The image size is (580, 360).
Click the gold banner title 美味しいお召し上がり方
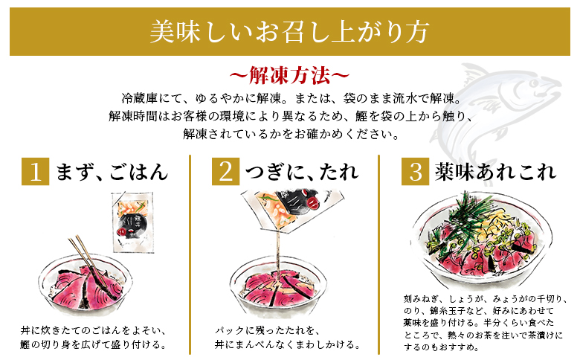pyautogui.click(x=289, y=31)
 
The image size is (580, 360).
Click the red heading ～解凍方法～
pyautogui.click(x=289, y=75)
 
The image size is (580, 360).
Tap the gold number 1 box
pyautogui.click(x=35, y=171)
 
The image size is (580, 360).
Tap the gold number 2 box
pyautogui.click(x=225, y=171)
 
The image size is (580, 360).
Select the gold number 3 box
pyautogui.click(x=416, y=171)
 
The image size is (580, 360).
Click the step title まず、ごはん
pyautogui.click(x=112, y=172)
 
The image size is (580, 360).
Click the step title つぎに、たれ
pyautogui.click(x=302, y=172)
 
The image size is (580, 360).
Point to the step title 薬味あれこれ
pyautogui.click(x=496, y=172)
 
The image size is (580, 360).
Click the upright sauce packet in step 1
pyautogui.click(x=132, y=222)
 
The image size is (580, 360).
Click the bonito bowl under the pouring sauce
pyautogui.click(x=278, y=288)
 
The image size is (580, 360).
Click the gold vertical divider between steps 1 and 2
pyautogui.click(x=190, y=254)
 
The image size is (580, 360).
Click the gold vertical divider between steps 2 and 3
pyautogui.click(x=378, y=254)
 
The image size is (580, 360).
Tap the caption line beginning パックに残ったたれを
pyautogui.click(x=267, y=330)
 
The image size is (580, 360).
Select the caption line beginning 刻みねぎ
pyautogui.click(x=485, y=299)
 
